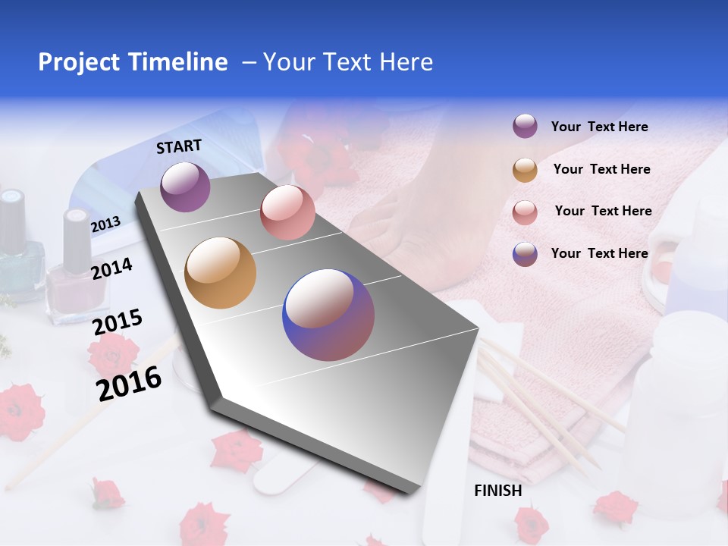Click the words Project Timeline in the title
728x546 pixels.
click(x=133, y=62)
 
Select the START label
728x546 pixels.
click(x=179, y=146)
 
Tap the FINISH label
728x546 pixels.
click(x=498, y=491)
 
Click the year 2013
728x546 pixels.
click(x=105, y=224)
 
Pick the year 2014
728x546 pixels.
click(x=111, y=268)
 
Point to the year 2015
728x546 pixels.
click(x=117, y=322)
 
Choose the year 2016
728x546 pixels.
click(x=129, y=384)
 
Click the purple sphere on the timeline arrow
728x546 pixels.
click(x=185, y=187)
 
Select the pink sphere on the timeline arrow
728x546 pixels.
click(x=287, y=212)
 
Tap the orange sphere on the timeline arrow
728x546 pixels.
click(x=221, y=273)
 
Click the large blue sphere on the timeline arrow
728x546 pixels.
click(x=328, y=315)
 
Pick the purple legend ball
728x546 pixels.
click(x=525, y=127)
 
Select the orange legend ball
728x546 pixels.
click(x=525, y=170)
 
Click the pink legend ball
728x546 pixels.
click(x=525, y=212)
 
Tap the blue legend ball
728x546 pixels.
click(x=525, y=254)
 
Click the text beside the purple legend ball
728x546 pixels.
click(x=599, y=127)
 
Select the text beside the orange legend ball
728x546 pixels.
click(x=601, y=169)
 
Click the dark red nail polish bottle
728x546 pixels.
click(x=74, y=273)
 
